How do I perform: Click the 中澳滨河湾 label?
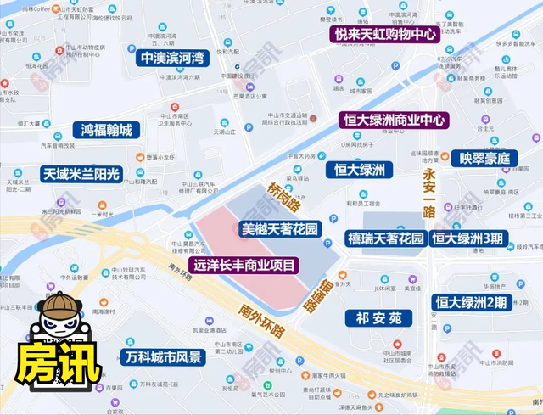pos(173,58)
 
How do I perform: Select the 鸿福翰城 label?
pos(106,130)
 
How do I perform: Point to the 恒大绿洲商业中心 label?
pos(393,120)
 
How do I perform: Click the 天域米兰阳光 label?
pos(82,173)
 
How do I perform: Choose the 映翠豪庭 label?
pos(484,158)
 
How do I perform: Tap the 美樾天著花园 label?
pos(279,228)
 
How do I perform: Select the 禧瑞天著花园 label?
pos(385,238)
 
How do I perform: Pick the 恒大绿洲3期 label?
pos(472,238)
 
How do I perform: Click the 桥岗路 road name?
pos(283,194)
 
